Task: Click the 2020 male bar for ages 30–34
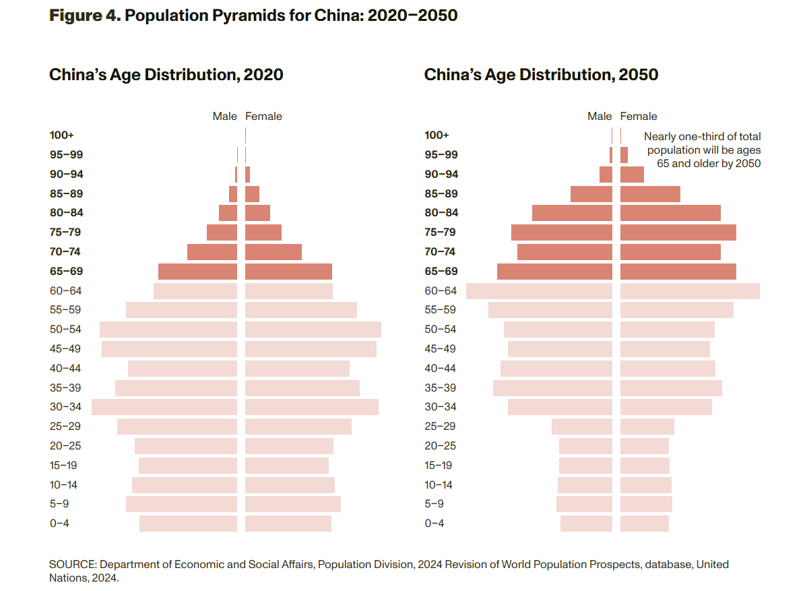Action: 164,407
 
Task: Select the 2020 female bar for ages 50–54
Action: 313,330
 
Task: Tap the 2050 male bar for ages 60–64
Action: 539,291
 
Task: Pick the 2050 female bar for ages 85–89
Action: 650,194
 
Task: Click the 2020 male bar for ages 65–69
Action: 197,272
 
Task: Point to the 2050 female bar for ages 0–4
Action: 644,524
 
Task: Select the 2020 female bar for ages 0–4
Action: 288,524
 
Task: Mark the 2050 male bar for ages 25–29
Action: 581,427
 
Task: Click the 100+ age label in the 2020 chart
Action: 62,135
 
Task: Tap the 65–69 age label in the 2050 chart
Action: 441,272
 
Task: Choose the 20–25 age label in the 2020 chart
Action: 66,446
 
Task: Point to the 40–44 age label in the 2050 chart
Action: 441,369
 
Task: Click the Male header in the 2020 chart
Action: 225,117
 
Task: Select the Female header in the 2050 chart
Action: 639,117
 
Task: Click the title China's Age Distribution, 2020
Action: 166,75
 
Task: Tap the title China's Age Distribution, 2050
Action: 541,75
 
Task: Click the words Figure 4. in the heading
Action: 85,15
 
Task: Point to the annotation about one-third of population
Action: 703,150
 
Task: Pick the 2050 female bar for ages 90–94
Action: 632,175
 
